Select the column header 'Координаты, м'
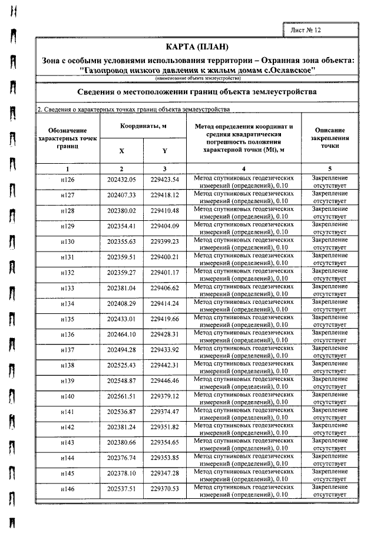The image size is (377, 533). click(144, 127)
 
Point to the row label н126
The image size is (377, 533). click(68, 180)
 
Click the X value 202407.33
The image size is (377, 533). click(121, 195)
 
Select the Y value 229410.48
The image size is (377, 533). click(164, 210)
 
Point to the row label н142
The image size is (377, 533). click(68, 427)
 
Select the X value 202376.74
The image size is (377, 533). click(121, 458)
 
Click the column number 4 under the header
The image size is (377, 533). click(244, 168)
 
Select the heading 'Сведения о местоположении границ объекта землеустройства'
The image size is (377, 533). click(197, 92)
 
